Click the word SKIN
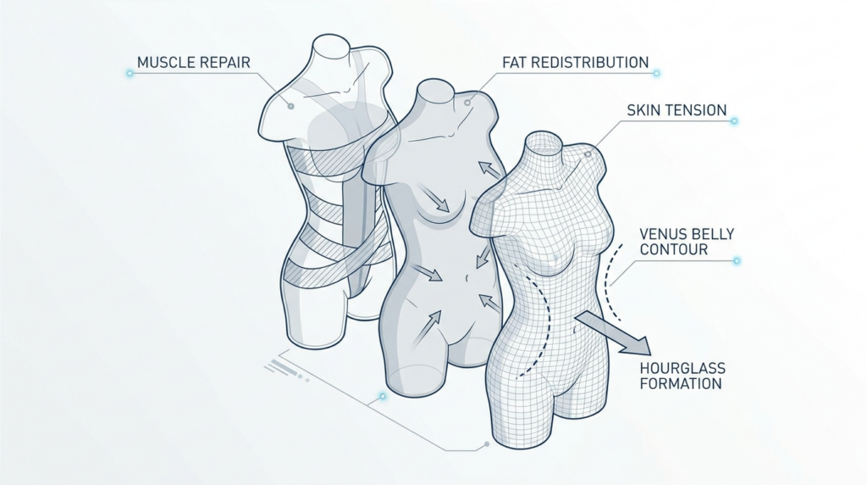tap(643, 110)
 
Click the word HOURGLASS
tap(682, 368)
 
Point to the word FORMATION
tap(681, 384)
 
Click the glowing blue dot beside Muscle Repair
tap(130, 73)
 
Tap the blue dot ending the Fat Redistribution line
tap(656, 73)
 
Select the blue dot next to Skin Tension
tap(734, 120)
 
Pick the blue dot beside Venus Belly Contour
tap(737, 260)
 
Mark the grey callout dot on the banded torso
tap(290, 106)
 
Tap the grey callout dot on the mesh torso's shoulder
tap(588, 154)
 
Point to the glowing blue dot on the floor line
tap(382, 397)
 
